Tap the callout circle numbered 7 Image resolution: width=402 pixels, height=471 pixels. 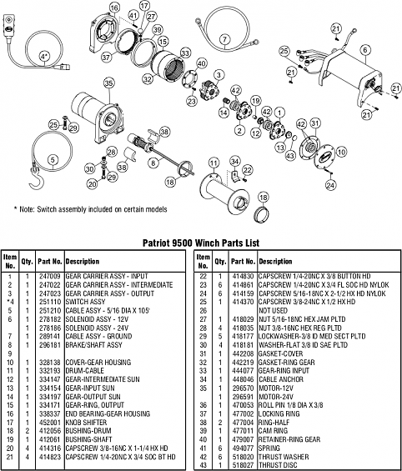pyautogui.click(x=224, y=40)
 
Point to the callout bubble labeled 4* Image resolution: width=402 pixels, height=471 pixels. pyautogui.click(x=44, y=56)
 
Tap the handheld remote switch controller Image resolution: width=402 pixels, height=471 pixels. pyautogui.click(x=16, y=31)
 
